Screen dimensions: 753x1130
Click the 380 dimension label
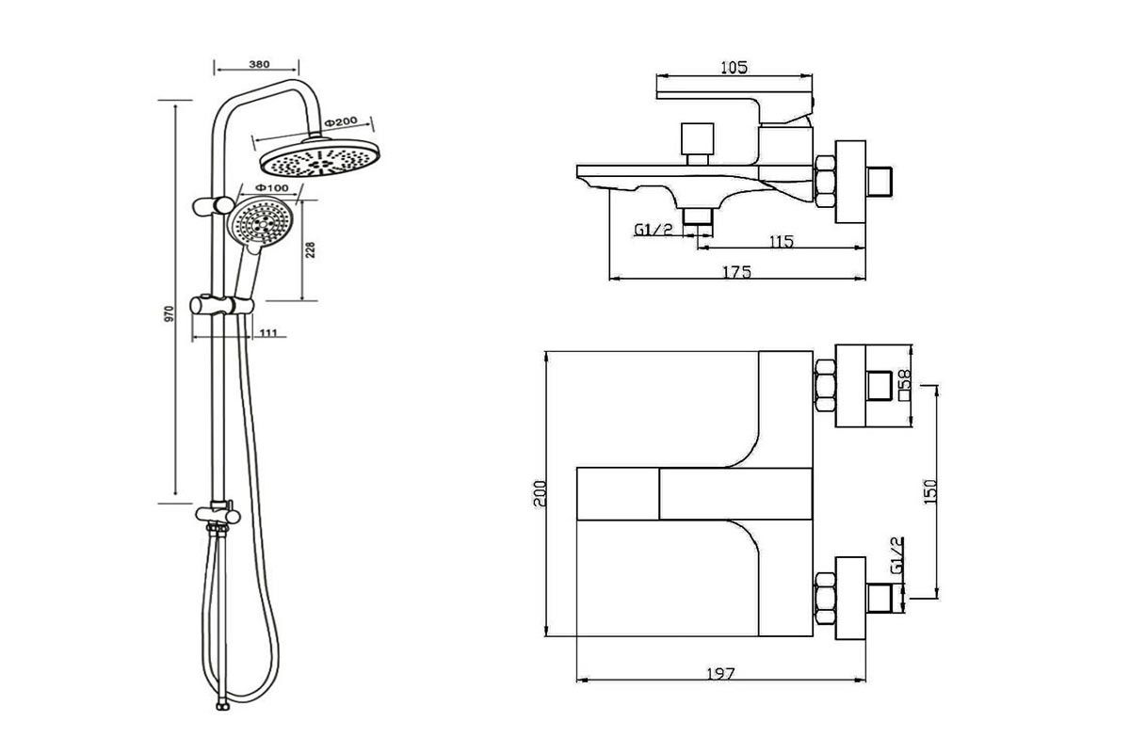coord(259,64)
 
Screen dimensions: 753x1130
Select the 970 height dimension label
coord(169,313)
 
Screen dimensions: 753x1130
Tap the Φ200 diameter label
coord(341,123)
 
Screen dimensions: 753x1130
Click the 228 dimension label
coord(310,249)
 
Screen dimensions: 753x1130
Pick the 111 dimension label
coord(267,332)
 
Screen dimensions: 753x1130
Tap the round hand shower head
coord(260,224)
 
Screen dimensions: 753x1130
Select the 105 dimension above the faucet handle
coord(734,67)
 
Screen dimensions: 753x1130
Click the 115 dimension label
coord(781,242)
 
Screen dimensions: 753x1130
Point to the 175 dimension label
coord(735,272)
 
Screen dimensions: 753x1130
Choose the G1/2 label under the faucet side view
coord(654,231)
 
